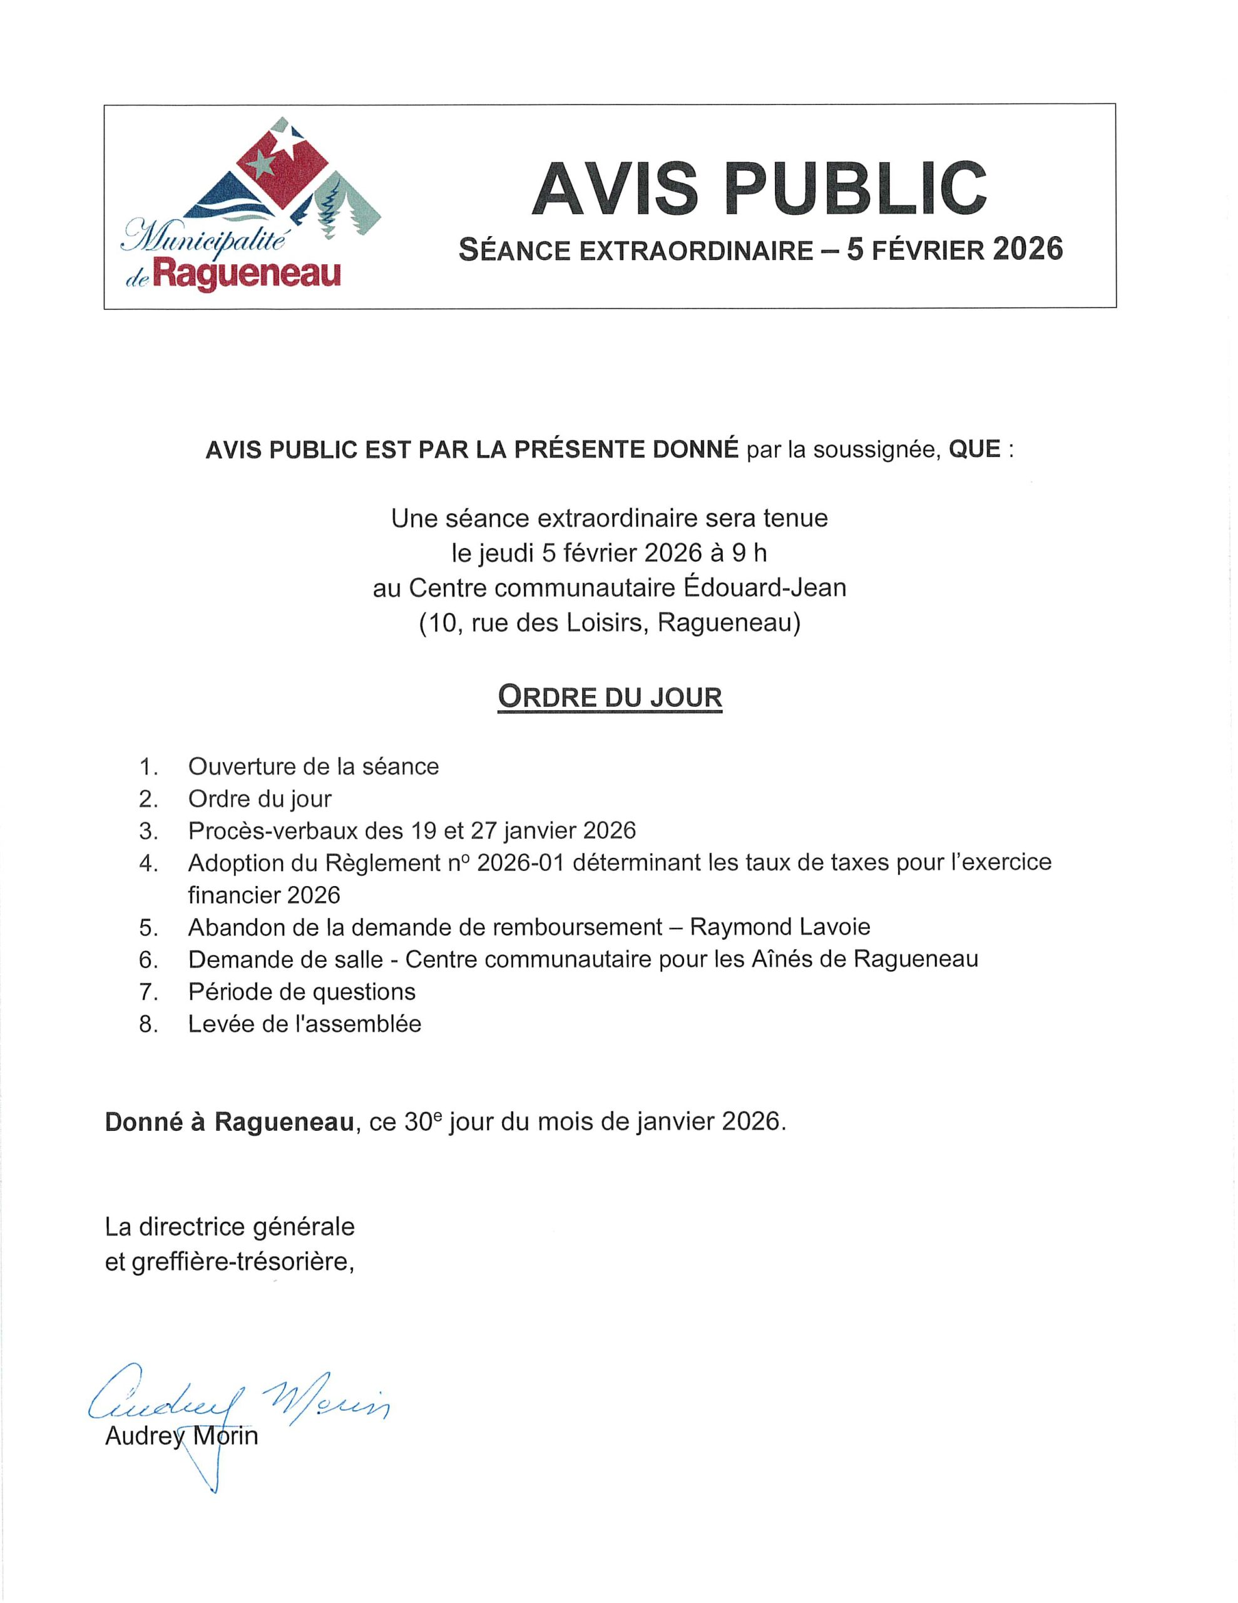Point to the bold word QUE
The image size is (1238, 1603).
point(975,448)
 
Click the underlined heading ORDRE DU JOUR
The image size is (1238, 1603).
point(610,696)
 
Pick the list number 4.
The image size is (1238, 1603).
point(148,863)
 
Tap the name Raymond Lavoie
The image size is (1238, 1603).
point(780,926)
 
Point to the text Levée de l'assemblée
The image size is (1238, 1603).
point(305,1024)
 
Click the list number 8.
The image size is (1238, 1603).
point(148,1024)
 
